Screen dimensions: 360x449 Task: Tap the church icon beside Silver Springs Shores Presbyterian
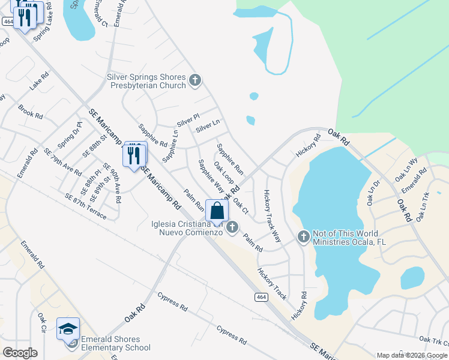[194, 80]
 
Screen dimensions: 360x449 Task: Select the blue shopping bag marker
[217, 211]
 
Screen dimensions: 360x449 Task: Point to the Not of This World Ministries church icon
[303, 237]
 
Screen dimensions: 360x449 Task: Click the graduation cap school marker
[68, 329]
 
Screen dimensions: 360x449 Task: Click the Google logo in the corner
[20, 353]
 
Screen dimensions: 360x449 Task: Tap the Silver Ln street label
[208, 125]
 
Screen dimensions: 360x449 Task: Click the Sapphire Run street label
[230, 158]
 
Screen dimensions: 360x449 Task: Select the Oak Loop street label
[223, 175]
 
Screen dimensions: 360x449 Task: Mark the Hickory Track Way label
[272, 216]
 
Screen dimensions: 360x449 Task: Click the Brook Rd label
[30, 112]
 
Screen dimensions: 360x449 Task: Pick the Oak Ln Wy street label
[405, 170]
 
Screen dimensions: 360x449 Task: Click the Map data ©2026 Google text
[412, 355]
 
